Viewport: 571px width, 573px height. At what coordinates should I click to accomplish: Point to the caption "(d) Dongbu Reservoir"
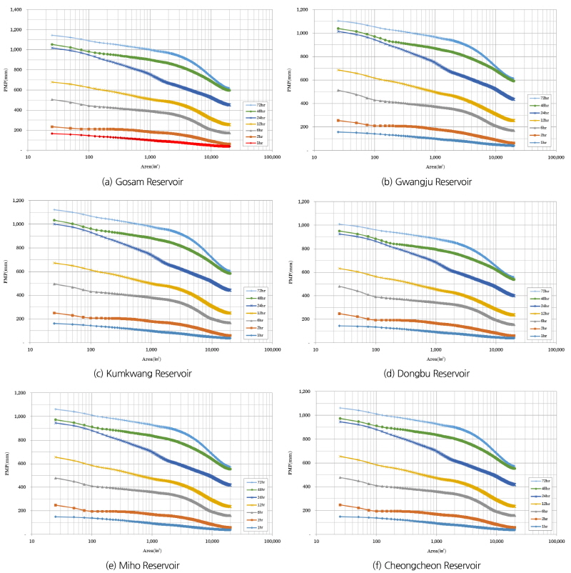tap(428, 374)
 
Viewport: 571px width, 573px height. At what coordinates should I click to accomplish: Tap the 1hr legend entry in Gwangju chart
tap(545, 143)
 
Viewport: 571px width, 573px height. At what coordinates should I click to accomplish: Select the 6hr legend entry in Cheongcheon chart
tap(545, 510)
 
